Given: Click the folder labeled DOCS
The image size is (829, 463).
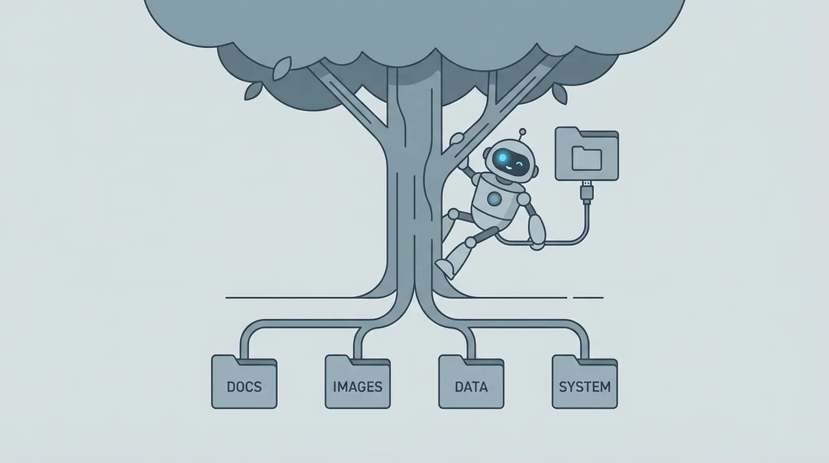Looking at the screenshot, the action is pyautogui.click(x=244, y=381).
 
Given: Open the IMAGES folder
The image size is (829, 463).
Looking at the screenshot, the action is pyautogui.click(x=358, y=381).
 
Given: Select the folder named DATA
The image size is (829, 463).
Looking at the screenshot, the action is pyautogui.click(x=471, y=381).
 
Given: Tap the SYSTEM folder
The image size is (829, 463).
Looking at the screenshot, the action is pyautogui.click(x=585, y=381).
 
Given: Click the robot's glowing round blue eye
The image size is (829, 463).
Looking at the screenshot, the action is pyautogui.click(x=502, y=158).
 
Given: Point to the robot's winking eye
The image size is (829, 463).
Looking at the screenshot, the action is pyautogui.click(x=520, y=163).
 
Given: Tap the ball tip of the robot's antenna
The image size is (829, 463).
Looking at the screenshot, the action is pyautogui.click(x=523, y=131).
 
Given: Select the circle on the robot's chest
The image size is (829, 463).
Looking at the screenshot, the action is pyautogui.click(x=494, y=199).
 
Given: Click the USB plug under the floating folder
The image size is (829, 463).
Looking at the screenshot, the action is pyautogui.click(x=587, y=191).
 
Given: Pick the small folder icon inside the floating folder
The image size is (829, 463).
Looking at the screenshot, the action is pyautogui.click(x=587, y=158).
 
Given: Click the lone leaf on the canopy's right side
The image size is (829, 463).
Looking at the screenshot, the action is pyautogui.click(x=560, y=93).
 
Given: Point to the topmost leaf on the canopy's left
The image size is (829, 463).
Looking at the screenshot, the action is pyautogui.click(x=282, y=69).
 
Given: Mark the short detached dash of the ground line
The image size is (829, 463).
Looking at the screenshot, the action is pyautogui.click(x=588, y=298).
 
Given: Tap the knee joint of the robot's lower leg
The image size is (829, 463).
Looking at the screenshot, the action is pyautogui.click(x=470, y=243).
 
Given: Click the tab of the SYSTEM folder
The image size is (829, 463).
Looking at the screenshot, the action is pyautogui.click(x=565, y=358).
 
